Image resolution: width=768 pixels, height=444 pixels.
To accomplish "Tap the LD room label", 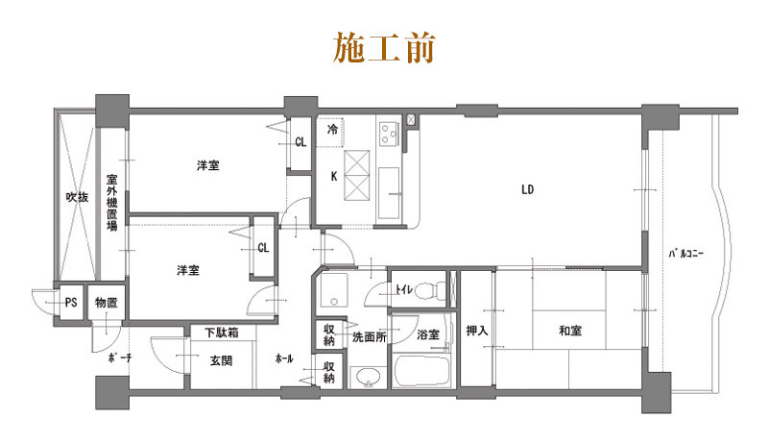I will [527, 189].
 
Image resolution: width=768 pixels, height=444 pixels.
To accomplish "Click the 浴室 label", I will [428, 335].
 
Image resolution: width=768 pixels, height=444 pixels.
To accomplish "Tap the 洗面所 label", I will [370, 337].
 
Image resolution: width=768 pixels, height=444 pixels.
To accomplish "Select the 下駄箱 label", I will [222, 333].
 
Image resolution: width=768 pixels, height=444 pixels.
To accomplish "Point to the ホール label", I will [284, 359].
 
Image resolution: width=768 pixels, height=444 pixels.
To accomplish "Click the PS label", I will [70, 304].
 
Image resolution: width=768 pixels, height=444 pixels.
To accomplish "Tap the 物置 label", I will [106, 304].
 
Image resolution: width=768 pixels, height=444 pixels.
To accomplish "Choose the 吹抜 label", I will [77, 197].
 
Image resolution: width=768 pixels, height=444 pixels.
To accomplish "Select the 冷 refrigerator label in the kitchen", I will [332, 129].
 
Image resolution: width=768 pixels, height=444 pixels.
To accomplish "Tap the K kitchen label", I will [333, 177].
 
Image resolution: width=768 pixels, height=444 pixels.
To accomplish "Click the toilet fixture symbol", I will [437, 288].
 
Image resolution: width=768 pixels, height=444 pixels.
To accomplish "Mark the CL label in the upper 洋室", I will [300, 143].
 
